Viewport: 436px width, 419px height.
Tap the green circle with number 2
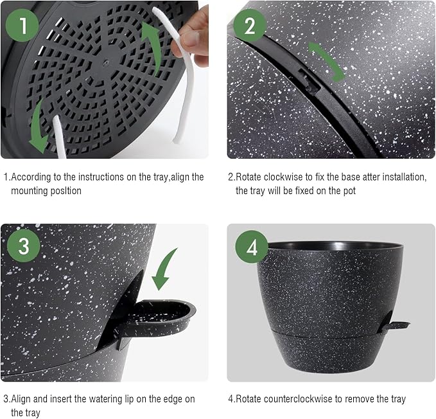(x=250, y=26)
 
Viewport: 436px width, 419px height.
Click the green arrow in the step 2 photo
(x=326, y=61)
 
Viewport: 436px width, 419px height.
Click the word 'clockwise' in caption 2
(x=278, y=177)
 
